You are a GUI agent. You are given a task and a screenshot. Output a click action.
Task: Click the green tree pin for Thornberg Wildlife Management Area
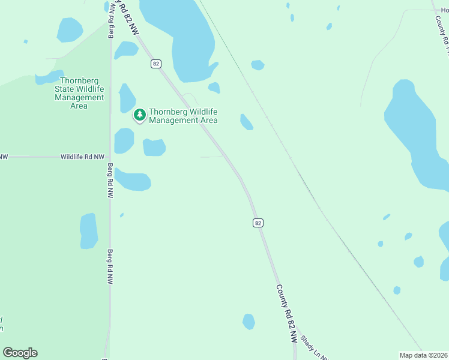click(140, 114)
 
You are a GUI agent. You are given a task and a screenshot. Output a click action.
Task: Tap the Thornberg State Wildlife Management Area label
click(79, 93)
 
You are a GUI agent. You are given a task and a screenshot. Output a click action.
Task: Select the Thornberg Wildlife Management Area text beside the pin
click(183, 116)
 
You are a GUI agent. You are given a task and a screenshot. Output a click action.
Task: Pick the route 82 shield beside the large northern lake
click(156, 64)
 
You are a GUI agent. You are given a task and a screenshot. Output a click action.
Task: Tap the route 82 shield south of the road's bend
click(258, 223)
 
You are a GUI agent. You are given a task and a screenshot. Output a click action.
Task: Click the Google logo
click(20, 353)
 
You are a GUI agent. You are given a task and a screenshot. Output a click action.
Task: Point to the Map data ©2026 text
click(423, 355)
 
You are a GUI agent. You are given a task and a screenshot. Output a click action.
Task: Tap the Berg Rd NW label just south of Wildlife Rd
click(110, 181)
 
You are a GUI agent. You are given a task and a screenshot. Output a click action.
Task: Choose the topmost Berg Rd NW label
click(111, 21)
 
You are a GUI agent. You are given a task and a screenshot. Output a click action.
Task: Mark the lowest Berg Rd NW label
click(110, 267)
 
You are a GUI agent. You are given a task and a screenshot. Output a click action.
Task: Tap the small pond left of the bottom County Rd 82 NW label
click(249, 321)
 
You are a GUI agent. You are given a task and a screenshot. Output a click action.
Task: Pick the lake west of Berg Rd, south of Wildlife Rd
click(89, 231)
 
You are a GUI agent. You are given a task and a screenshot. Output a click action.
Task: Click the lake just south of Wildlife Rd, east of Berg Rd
click(133, 179)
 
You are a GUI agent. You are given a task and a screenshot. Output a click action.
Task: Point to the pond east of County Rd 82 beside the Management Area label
click(246, 122)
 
